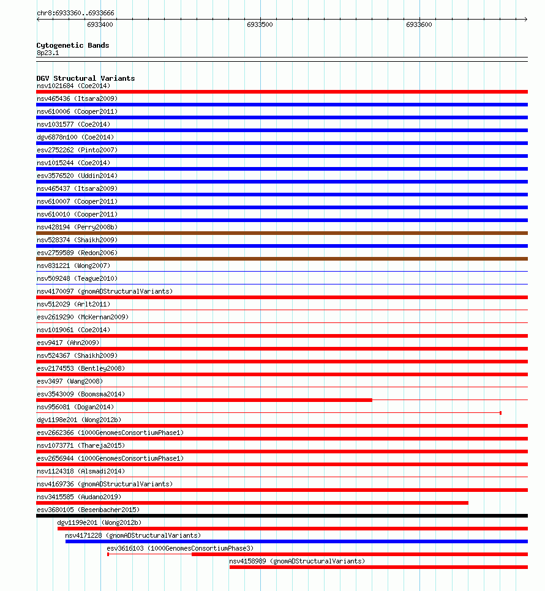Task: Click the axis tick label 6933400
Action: pos(100,25)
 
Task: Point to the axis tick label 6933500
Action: pos(260,25)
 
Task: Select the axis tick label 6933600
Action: pos(419,25)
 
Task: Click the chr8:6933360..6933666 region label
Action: pos(75,13)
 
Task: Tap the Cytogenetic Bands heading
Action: pos(73,45)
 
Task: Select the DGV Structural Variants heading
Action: pos(86,78)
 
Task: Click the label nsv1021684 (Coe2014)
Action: pos(73,86)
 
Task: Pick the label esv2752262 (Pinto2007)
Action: pos(77,150)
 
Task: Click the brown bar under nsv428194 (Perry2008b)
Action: pos(282,233)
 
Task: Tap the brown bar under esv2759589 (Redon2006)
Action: pos(282,259)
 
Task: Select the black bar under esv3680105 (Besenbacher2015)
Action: pos(282,516)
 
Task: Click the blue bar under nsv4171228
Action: pos(296,541)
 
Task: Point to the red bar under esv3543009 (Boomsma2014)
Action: pos(204,400)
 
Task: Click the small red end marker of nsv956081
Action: pos(500,413)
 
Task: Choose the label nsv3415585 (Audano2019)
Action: pos(79,497)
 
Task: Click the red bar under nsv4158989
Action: pos(378,567)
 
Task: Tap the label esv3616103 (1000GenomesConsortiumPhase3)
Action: pos(180,548)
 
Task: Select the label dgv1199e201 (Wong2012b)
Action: pos(99,522)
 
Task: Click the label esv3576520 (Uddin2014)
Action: pos(77,176)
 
